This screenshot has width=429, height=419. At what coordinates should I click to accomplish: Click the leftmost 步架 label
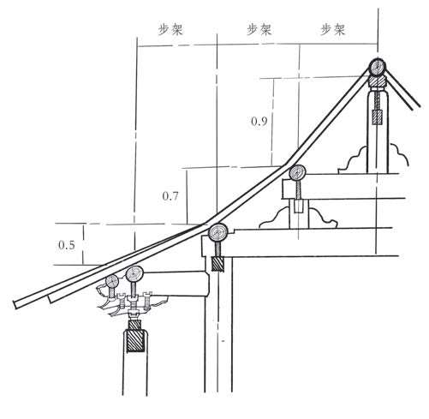170,29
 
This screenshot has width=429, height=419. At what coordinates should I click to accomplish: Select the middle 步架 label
259,29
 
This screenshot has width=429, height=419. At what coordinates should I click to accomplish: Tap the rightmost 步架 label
333,29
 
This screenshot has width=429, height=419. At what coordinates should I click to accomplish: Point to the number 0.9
259,122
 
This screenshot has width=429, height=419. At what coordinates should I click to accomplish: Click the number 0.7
170,196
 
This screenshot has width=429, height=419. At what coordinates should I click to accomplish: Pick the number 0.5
67,245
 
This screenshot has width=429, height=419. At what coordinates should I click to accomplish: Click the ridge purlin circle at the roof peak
378,67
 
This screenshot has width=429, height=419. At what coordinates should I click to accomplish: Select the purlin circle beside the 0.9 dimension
297,172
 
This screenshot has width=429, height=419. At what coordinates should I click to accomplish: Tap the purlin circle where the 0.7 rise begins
217,232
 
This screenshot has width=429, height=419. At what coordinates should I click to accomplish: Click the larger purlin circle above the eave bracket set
134,274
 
